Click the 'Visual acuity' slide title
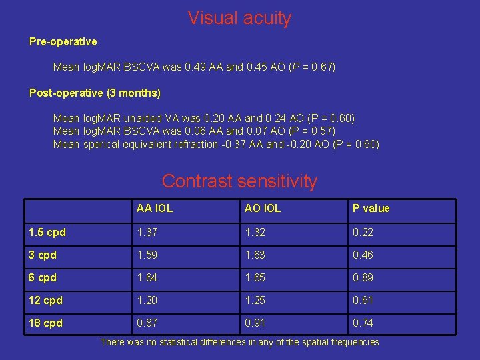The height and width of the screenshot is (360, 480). coord(239,18)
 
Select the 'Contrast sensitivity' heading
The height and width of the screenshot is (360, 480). coord(239,181)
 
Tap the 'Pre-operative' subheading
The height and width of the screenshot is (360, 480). coord(63,41)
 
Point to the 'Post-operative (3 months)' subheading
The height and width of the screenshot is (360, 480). coord(95,93)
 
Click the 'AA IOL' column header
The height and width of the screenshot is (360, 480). coord(155,209)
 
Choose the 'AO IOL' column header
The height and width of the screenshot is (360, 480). coord(263,209)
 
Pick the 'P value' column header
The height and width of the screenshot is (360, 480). coord(371,209)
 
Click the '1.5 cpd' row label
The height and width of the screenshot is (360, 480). coord(47,232)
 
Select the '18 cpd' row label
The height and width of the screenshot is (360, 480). coord(45,323)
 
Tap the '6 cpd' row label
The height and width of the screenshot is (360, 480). coord(43,277)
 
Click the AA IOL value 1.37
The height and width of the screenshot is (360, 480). coord(147,232)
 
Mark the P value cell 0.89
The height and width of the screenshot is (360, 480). coord(363,277)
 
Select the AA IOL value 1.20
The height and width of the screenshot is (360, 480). coord(147,300)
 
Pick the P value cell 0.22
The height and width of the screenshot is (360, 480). coord(363,232)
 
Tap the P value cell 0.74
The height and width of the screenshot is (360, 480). coord(363,323)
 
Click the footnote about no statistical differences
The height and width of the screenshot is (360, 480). coord(239,342)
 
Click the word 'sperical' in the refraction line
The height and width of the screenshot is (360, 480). coord(103,144)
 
